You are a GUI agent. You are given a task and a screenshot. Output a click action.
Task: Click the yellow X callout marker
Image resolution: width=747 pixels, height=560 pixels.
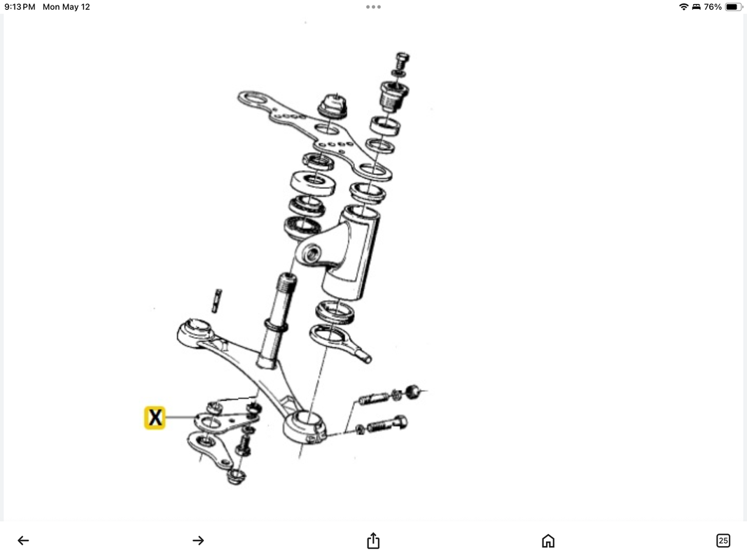(x=155, y=418)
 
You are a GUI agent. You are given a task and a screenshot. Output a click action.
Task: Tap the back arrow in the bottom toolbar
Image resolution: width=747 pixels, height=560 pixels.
(x=23, y=540)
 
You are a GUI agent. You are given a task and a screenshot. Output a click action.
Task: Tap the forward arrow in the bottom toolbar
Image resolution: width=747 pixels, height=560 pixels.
(x=198, y=540)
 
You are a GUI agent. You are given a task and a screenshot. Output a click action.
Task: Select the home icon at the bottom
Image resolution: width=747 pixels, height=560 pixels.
(x=548, y=540)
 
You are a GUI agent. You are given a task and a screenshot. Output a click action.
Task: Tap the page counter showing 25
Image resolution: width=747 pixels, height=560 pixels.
(x=723, y=540)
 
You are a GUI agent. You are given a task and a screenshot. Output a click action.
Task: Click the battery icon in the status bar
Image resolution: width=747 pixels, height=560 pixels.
(x=733, y=7)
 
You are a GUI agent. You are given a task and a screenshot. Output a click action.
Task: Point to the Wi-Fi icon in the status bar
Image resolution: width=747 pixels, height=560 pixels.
(x=683, y=7)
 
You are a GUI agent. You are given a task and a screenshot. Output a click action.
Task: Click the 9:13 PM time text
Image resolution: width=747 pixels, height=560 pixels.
(x=20, y=7)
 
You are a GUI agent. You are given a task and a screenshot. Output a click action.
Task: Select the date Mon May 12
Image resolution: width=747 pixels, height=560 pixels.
(x=67, y=7)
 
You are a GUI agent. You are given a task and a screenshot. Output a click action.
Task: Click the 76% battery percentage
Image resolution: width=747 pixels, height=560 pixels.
(x=713, y=7)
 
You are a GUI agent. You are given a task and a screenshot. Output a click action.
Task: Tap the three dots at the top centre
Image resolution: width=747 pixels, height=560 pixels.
(x=373, y=7)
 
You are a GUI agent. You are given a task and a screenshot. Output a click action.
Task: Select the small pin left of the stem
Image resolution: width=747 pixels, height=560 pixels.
(x=217, y=300)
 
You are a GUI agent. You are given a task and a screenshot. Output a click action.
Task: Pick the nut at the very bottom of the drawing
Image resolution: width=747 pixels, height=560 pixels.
(x=237, y=477)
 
